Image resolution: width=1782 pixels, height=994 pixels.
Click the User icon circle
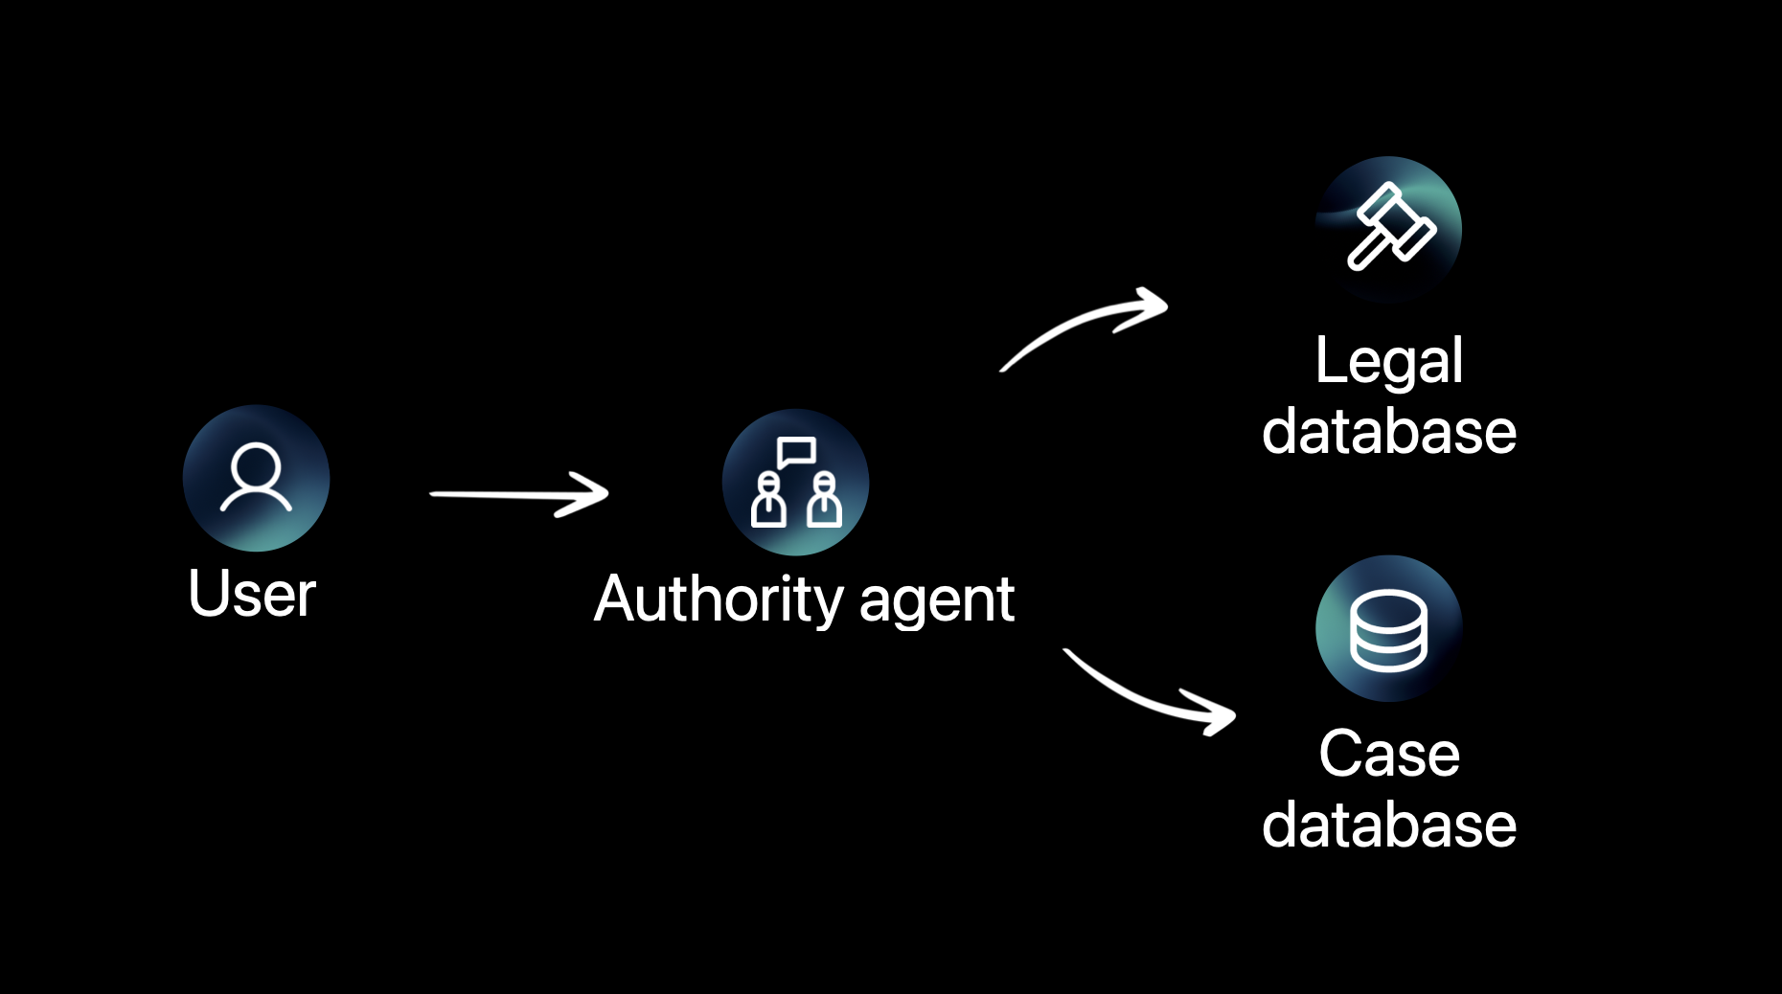click(x=256, y=478)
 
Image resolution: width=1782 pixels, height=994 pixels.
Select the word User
click(x=252, y=595)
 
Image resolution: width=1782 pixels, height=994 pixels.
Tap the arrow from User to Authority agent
click(x=517, y=494)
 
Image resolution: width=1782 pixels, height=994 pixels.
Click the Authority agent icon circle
click(x=795, y=482)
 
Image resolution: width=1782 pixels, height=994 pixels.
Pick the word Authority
click(x=719, y=600)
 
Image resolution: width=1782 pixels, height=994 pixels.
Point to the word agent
click(x=936, y=602)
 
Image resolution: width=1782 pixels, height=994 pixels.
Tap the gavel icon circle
click(x=1388, y=229)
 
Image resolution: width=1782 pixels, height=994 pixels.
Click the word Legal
click(x=1388, y=361)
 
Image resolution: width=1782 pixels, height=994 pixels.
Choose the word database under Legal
click(x=1388, y=431)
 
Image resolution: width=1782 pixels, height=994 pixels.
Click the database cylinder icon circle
click(x=1388, y=628)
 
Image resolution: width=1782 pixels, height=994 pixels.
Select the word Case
click(x=1388, y=754)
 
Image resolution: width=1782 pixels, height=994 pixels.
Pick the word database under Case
click(x=1388, y=825)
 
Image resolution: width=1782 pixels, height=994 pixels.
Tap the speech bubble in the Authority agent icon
click(x=796, y=451)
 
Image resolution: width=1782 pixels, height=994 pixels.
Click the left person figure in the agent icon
click(x=768, y=500)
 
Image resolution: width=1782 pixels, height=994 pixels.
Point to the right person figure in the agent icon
click(x=824, y=500)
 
